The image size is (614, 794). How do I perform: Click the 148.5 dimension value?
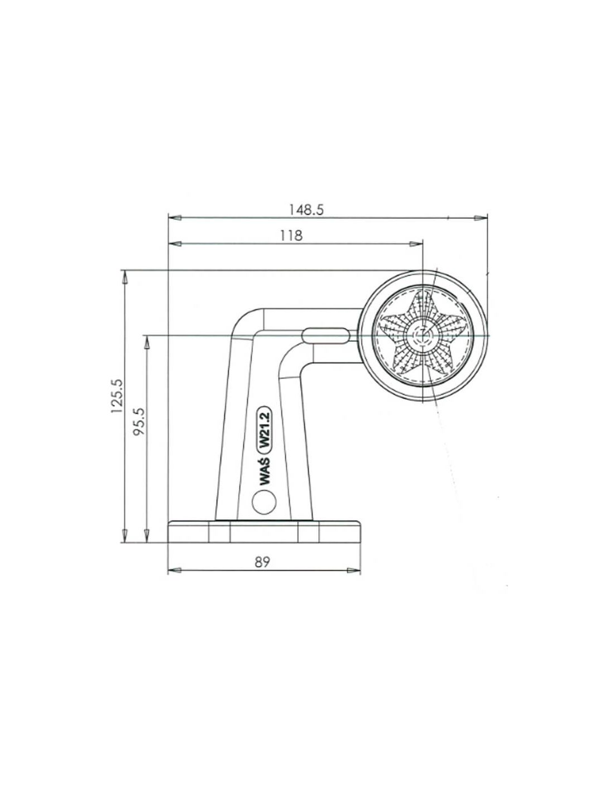(306, 210)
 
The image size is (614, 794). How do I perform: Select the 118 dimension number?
(291, 236)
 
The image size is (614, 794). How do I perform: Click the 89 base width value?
(262, 562)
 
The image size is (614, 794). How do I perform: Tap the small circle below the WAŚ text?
(263, 502)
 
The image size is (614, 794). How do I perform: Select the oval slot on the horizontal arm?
(324, 336)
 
